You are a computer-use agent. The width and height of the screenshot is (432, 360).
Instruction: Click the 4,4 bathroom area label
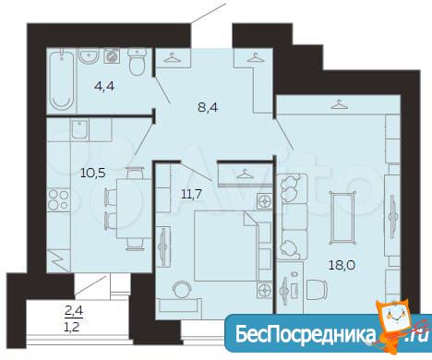tap(104, 87)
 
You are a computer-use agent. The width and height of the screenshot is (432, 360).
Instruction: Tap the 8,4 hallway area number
tap(208, 107)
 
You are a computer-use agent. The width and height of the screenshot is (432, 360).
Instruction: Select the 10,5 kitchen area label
tap(93, 173)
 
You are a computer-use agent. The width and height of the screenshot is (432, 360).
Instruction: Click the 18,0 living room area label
tap(342, 265)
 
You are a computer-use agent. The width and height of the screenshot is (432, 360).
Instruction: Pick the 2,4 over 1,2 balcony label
tap(74, 318)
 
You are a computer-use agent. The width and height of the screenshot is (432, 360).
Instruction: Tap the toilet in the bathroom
tap(137, 63)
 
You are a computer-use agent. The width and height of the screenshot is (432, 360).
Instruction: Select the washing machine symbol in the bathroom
tap(112, 56)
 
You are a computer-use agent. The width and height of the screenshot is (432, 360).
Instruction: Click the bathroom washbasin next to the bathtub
tap(90, 56)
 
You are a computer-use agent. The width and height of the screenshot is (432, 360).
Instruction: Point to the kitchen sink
tap(80, 129)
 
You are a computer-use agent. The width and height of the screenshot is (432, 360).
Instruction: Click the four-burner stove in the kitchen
tap(58, 200)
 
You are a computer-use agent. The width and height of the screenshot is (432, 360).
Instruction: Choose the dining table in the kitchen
tap(134, 210)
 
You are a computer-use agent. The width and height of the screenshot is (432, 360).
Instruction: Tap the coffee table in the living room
tap(342, 217)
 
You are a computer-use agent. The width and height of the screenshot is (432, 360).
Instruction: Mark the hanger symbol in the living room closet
tap(339, 104)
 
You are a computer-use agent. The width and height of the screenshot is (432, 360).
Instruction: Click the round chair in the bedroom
tap(182, 289)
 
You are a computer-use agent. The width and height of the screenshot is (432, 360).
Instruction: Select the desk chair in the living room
tap(317, 289)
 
